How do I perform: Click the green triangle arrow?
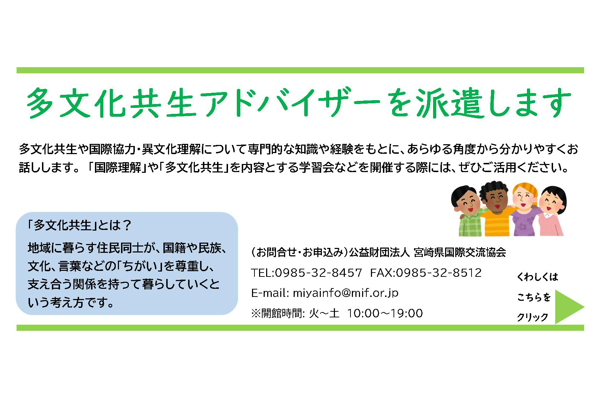567,307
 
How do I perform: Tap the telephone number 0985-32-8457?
318,273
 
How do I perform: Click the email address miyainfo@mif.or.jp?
346,293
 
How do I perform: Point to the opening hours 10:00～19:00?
385,313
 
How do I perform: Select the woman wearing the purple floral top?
524,210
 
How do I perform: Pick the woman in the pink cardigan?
552,212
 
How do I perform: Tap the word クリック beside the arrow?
533,317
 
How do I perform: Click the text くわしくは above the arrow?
537,277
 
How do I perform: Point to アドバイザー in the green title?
292,103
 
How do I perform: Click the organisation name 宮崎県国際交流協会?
460,252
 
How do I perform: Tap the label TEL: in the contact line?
263,273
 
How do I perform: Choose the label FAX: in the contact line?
383,273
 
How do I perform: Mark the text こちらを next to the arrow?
534,297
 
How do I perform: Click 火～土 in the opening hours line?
324,313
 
